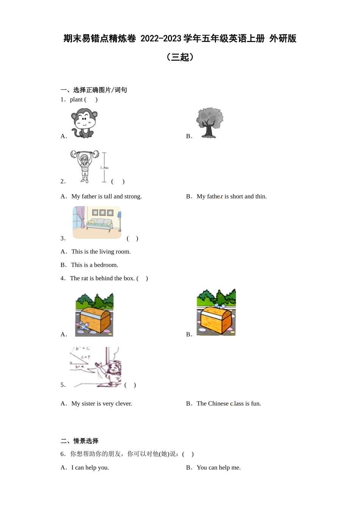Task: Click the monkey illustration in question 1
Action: tap(84, 123)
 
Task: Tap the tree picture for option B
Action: tap(210, 123)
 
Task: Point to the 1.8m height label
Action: tap(104, 168)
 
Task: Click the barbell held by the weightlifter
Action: tap(85, 154)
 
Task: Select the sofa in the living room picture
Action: tap(99, 224)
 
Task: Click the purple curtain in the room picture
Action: tap(80, 217)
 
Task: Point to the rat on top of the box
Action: tap(219, 306)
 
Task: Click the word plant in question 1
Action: tap(76, 100)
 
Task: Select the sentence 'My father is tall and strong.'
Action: tap(106, 196)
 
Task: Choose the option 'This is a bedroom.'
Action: tap(95, 265)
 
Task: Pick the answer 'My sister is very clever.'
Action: tap(102, 404)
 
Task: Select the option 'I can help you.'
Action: tap(90, 468)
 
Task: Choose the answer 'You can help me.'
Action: tap(219, 468)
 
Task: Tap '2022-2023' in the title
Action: tap(161, 39)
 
